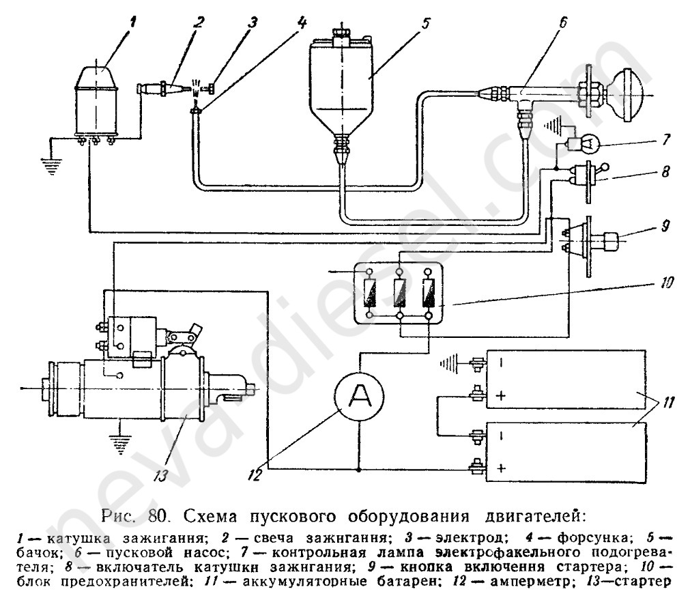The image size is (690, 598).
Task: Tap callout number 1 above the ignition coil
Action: point(134,21)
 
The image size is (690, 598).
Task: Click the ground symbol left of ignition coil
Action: point(48,164)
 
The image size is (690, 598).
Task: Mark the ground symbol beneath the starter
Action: point(120,444)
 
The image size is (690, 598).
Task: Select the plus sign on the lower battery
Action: point(501,468)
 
